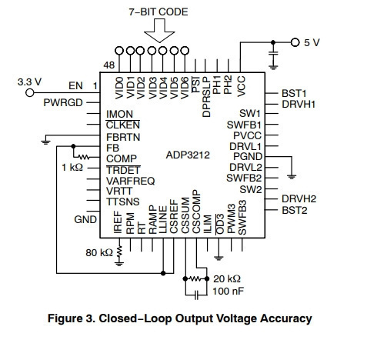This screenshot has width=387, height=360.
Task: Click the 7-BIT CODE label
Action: pyautogui.click(x=158, y=12)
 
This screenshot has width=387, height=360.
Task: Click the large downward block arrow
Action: pyautogui.click(x=159, y=30)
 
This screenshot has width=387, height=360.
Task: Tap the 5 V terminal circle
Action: pyautogui.click(x=295, y=42)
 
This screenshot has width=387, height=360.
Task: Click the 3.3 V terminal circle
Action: pyautogui.click(x=30, y=92)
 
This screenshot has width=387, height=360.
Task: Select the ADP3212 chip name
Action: pyautogui.click(x=188, y=155)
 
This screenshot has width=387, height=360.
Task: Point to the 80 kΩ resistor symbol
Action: pyautogui.click(x=119, y=252)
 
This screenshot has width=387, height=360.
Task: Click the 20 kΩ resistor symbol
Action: pyautogui.click(x=196, y=278)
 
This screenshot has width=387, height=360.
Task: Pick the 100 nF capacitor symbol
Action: pyautogui.click(x=196, y=295)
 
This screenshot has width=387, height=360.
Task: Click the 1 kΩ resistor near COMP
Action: pyautogui.click(x=84, y=157)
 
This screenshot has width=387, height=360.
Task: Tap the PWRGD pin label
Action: pyautogui.click(x=63, y=102)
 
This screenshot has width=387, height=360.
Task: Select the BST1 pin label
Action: pyautogui.click(x=294, y=93)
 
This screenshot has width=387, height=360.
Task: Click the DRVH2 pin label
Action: pyautogui.click(x=299, y=198)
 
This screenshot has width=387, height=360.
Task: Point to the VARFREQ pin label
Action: pyautogui.click(x=131, y=181)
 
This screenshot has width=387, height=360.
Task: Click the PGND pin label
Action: pyautogui.click(x=248, y=156)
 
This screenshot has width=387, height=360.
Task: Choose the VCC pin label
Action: pyautogui.click(x=242, y=86)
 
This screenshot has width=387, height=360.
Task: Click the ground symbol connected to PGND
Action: pyautogui.click(x=292, y=176)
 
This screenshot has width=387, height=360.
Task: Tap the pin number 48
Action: pyautogui.click(x=109, y=65)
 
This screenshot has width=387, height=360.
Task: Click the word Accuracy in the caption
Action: pyautogui.click(x=286, y=318)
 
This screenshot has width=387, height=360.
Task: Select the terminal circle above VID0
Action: pyautogui.click(x=119, y=51)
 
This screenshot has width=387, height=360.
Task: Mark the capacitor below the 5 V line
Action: pyautogui.click(x=273, y=53)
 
